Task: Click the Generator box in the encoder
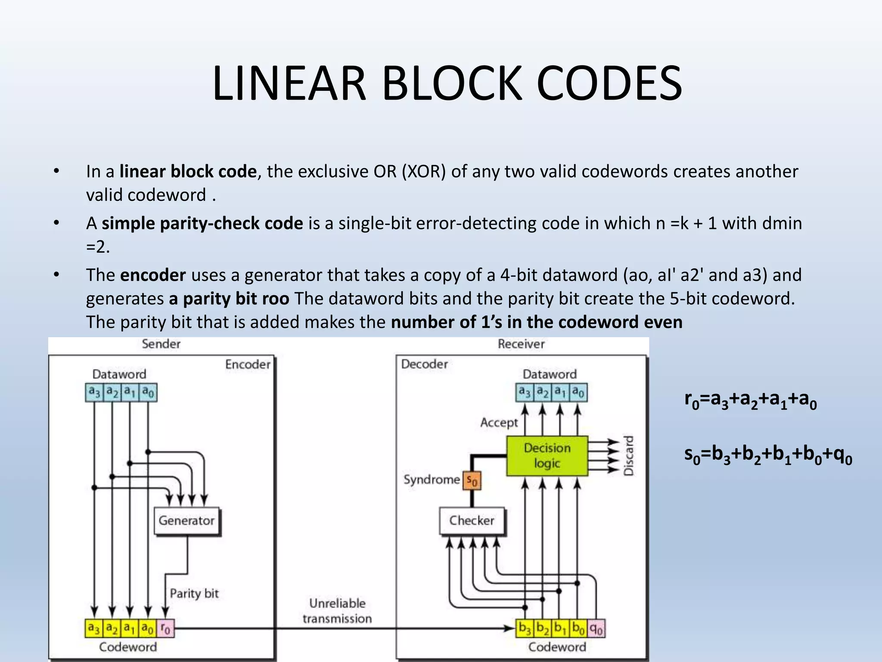point(186,521)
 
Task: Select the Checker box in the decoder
point(472,521)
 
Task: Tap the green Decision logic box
point(547,456)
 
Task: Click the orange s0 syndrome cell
point(472,480)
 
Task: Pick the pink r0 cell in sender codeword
point(165,629)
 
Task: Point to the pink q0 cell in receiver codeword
point(596,629)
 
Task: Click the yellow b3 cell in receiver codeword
point(525,629)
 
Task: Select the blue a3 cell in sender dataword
point(94,392)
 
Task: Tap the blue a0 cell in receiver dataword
point(578,392)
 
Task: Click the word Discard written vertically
point(629,456)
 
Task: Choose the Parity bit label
point(194,593)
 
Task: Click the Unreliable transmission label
point(337,611)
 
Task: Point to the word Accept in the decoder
point(499,422)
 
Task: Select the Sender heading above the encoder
point(161,344)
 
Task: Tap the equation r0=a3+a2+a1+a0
point(750,400)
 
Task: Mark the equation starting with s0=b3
point(768,455)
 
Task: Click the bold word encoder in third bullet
point(153,275)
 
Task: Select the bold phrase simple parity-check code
point(202,223)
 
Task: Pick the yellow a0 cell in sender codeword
point(148,629)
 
